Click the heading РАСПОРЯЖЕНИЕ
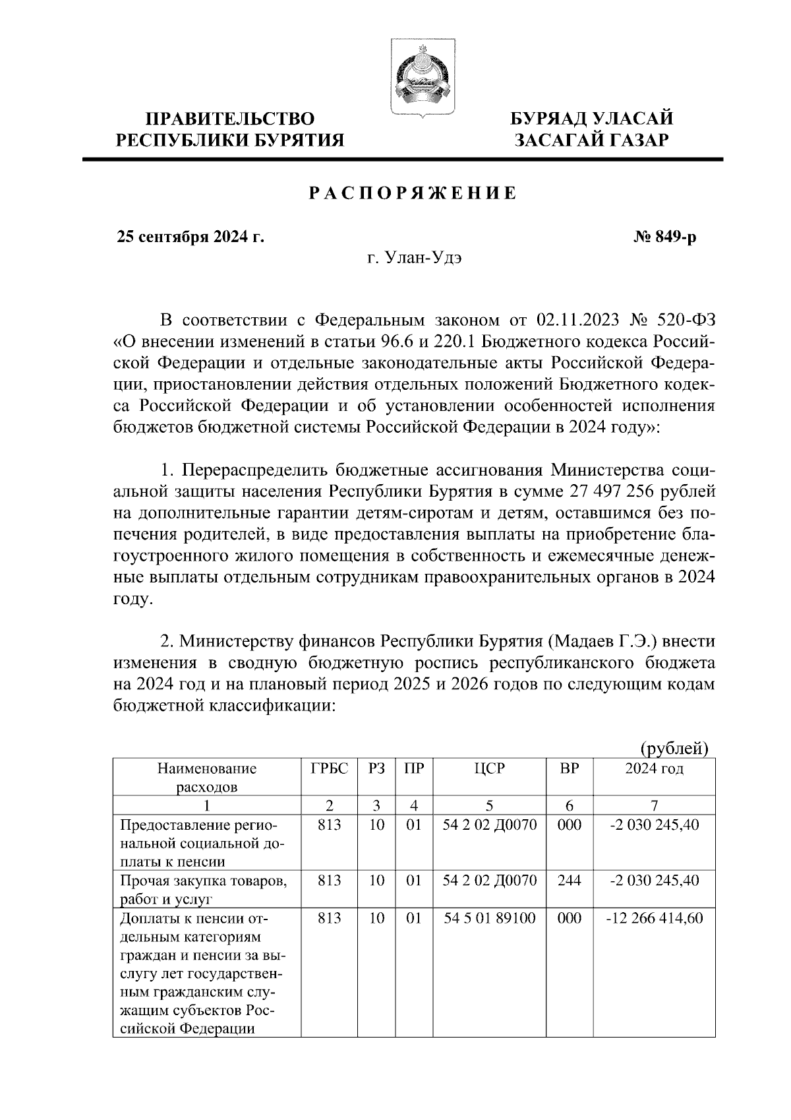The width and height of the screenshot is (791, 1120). tap(413, 193)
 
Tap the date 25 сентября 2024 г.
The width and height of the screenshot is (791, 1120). tap(190, 237)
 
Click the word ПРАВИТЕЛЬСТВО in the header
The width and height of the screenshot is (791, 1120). tap(230, 119)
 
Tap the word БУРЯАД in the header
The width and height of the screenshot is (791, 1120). tap(551, 119)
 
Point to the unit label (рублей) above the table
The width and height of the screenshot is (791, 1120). tap(674, 748)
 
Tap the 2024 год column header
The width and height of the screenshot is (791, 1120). tap(654, 768)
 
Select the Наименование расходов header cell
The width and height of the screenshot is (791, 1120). tap(206, 777)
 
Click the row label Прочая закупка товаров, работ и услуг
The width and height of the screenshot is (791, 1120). tap(203, 888)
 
